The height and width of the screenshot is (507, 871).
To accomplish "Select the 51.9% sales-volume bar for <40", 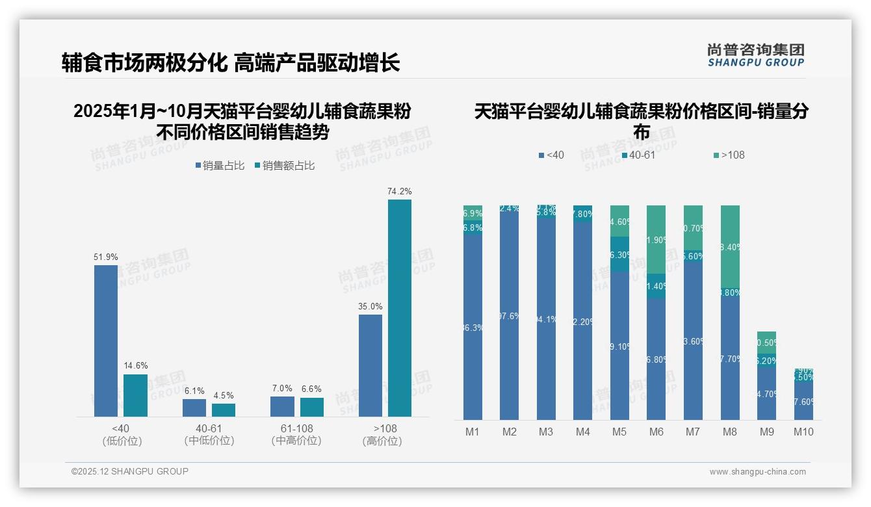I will (x=106, y=341).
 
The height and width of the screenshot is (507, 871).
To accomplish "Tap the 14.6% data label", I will (x=135, y=365).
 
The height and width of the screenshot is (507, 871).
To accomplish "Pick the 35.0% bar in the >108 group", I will (x=370, y=365).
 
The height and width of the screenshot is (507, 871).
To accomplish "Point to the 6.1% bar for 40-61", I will (x=194, y=408).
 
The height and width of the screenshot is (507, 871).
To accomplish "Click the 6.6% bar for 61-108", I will (x=312, y=407).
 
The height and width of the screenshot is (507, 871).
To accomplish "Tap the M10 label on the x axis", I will (x=803, y=432).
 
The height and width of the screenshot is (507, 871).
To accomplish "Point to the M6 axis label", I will (x=656, y=432).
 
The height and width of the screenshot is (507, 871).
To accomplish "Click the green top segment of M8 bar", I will (x=730, y=247).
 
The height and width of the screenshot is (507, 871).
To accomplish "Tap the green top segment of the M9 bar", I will (x=766, y=343).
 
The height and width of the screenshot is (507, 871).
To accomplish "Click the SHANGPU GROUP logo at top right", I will (x=755, y=55).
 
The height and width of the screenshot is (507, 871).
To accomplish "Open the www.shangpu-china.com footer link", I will (x=757, y=472).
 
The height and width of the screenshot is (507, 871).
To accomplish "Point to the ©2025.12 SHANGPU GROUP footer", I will (x=130, y=471).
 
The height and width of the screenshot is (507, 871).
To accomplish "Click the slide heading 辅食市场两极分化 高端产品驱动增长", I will (x=231, y=63).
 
